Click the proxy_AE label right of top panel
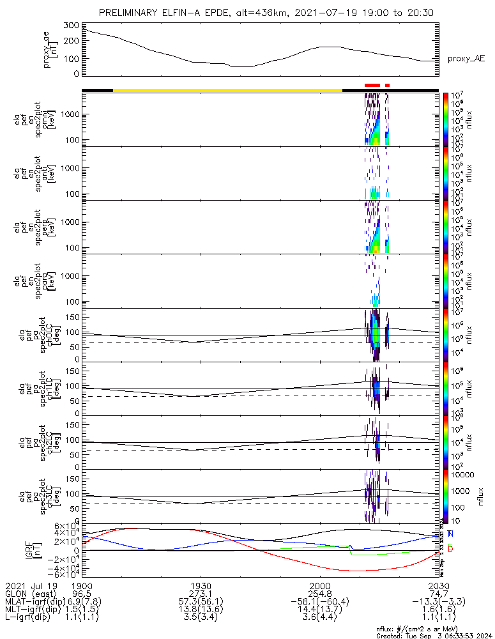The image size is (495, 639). point(466,59)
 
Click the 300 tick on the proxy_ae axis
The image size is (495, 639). point(72,25)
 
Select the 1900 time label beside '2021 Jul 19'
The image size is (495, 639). point(82,585)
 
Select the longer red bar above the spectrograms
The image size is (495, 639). point(372,84)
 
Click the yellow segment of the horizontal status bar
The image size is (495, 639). point(227,90)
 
